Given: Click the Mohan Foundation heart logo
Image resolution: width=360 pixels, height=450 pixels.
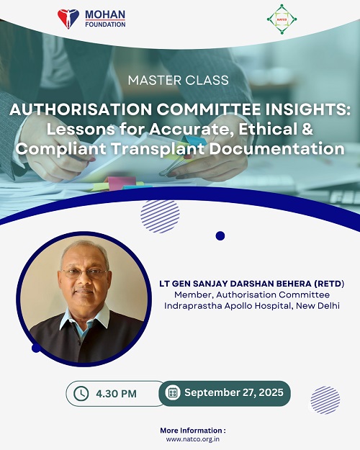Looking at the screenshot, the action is pos(68,19).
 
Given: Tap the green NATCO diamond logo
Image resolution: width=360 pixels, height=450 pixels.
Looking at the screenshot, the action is pos(282,19).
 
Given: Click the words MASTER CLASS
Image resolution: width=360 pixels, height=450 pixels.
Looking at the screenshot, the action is pos(179,80).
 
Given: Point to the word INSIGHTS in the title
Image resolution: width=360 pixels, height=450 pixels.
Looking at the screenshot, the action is pos(306,109).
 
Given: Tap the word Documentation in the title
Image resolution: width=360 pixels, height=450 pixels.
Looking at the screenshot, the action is pos(276,148).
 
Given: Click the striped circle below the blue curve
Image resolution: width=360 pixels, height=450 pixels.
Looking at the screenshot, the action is pos(160,217).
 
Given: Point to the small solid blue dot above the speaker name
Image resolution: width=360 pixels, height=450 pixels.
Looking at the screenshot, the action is pos(220,236).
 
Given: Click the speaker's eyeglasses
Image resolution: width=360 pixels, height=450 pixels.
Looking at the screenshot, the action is pos(84,273).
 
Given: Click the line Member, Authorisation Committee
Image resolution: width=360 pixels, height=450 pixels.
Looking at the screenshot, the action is pos(252,294).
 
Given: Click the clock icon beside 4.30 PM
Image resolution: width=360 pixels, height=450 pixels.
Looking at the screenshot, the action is pos(81,393).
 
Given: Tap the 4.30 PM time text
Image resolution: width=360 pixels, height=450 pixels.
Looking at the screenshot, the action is pos(116,394).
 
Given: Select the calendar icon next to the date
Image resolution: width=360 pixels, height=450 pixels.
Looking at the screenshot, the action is pos(173,392).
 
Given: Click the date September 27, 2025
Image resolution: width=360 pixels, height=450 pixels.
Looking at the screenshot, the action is pos(234,392).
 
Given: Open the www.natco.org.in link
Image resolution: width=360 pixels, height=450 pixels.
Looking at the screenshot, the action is pos(193,439).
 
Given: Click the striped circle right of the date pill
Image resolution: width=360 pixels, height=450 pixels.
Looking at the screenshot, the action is pos(325,400).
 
